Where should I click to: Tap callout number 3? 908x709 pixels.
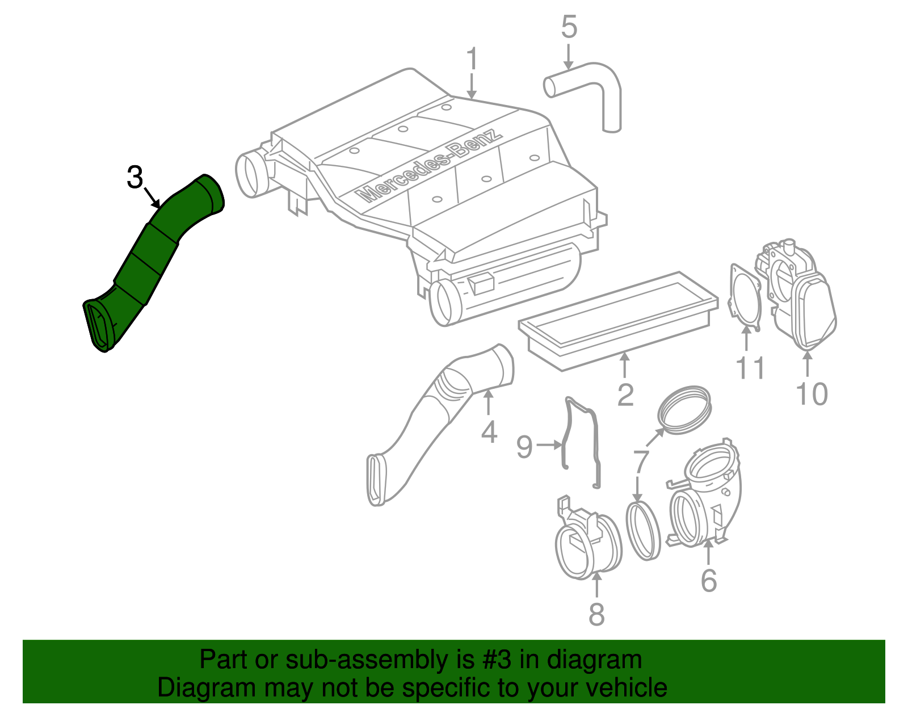tap(134, 178)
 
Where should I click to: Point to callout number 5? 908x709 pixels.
tap(569, 27)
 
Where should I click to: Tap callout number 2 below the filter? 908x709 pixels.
tap(625, 395)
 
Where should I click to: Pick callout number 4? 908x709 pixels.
tap(489, 433)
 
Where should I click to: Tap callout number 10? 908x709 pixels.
tap(812, 394)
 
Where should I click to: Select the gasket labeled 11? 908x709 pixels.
tap(745, 298)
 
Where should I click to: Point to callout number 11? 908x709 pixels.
tap(750, 368)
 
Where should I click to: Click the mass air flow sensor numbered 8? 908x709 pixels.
tap(587, 545)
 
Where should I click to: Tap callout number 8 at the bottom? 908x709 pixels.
tap(596, 614)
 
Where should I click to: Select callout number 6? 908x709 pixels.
tap(709, 580)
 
